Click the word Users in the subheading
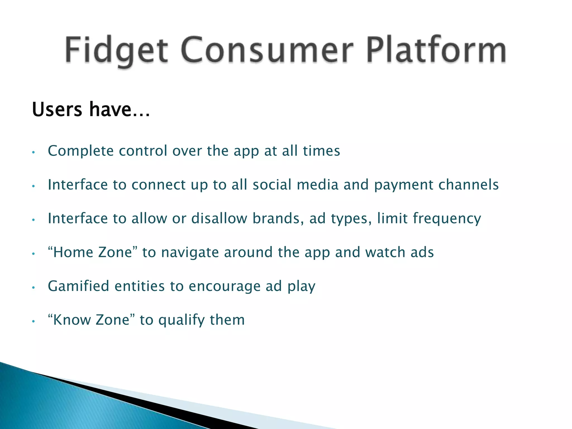[x=57, y=109]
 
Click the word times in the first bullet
[x=321, y=151]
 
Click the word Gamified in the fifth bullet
[x=78, y=286]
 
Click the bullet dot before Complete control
[x=33, y=152]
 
